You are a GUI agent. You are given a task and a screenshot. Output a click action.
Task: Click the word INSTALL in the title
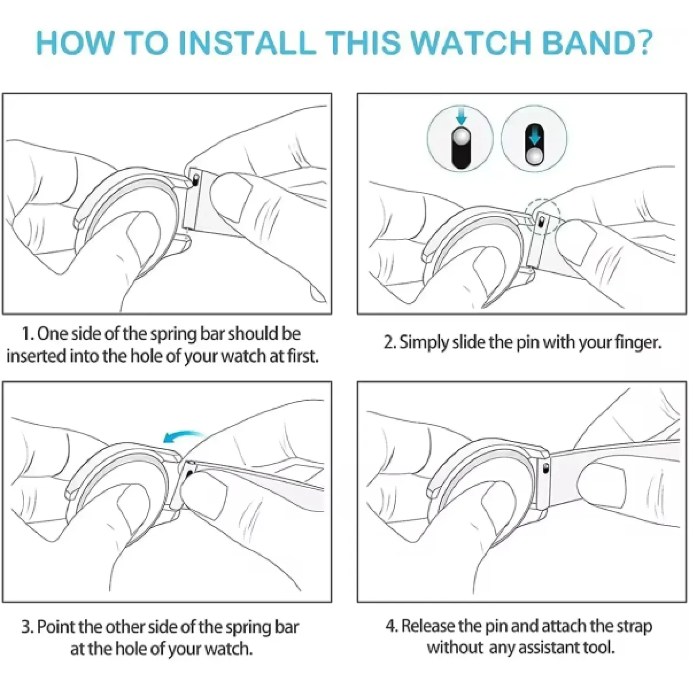247,43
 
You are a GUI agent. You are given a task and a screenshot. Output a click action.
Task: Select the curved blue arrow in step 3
183,436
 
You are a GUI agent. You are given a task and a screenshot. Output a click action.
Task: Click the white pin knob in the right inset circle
534,156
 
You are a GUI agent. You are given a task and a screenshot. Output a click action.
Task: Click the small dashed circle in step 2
543,217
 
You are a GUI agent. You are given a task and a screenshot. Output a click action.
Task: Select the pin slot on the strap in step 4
545,468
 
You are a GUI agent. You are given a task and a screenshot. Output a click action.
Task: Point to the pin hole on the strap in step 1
195,180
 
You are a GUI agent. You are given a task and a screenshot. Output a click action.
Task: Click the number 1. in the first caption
28,334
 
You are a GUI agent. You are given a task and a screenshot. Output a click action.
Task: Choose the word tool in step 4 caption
599,647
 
